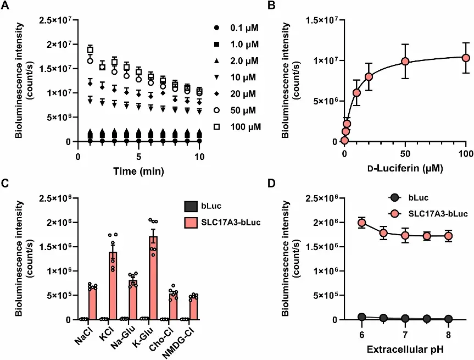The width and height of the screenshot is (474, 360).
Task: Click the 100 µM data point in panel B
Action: (x=466, y=58)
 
